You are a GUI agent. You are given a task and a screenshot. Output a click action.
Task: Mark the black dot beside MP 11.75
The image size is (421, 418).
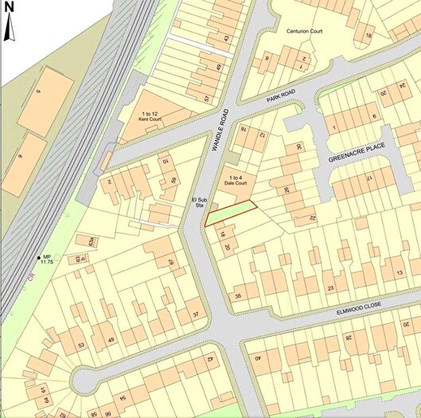(37, 256)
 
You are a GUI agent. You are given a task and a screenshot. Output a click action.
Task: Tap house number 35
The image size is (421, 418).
(236, 296)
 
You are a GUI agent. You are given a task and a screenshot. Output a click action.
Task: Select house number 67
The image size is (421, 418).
(170, 262)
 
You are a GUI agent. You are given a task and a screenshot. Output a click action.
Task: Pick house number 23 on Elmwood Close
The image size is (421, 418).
(330, 288)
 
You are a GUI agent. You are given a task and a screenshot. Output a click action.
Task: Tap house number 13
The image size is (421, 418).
(399, 274)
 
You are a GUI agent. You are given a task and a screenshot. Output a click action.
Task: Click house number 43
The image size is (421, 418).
(226, 38)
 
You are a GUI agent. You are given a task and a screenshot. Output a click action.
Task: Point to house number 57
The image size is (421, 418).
(206, 99)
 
